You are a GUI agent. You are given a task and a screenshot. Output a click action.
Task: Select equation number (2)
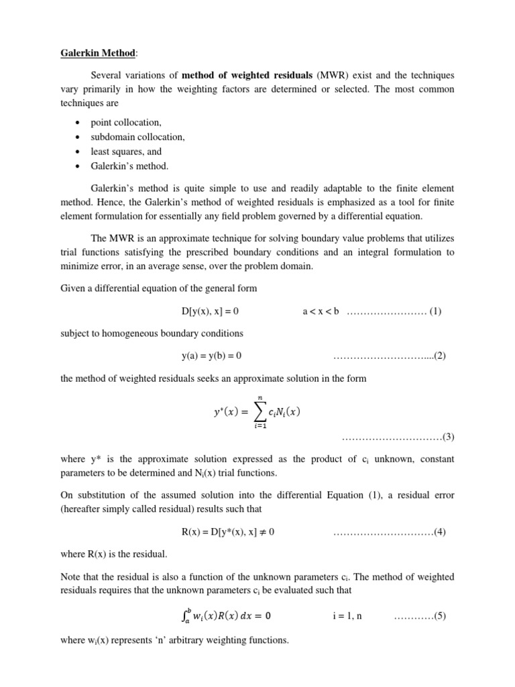tap(440, 356)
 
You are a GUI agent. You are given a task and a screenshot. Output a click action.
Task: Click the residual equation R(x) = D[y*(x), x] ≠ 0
tap(229, 532)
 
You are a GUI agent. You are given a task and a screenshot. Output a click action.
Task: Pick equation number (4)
tap(440, 532)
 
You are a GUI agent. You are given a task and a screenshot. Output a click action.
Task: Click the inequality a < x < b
tap(321, 311)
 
